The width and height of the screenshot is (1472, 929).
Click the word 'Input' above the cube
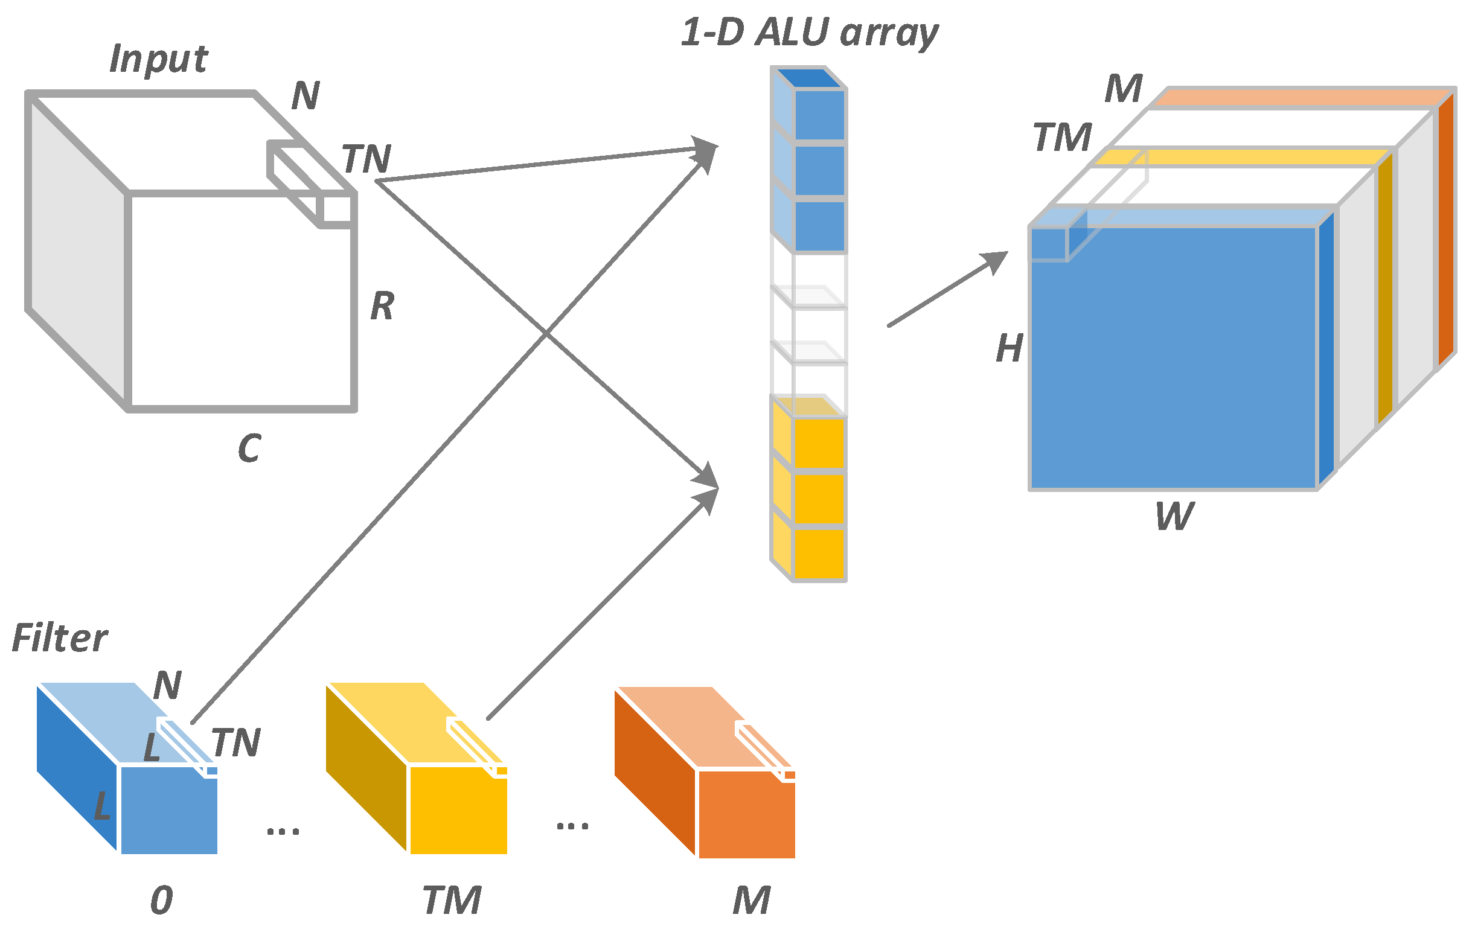[158, 60]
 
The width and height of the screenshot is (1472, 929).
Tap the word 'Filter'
[59, 639]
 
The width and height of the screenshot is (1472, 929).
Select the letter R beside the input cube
[383, 306]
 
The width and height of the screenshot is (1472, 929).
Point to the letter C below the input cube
[249, 448]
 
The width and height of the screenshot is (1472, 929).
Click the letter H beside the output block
[1010, 349]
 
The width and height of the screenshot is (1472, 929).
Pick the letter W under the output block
[1174, 517]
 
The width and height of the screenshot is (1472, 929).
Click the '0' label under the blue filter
[161, 900]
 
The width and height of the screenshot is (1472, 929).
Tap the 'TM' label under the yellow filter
[452, 900]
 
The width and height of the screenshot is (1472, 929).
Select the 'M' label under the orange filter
[751, 900]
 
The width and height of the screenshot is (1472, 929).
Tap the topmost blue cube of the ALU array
[819, 114]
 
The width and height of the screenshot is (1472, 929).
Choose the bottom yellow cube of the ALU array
[819, 554]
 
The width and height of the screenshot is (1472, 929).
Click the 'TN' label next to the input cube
[366, 159]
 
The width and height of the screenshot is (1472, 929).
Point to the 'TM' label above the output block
[1063, 138]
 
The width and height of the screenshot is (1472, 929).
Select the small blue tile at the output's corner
[1049, 244]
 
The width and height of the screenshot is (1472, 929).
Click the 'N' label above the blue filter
[167, 686]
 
